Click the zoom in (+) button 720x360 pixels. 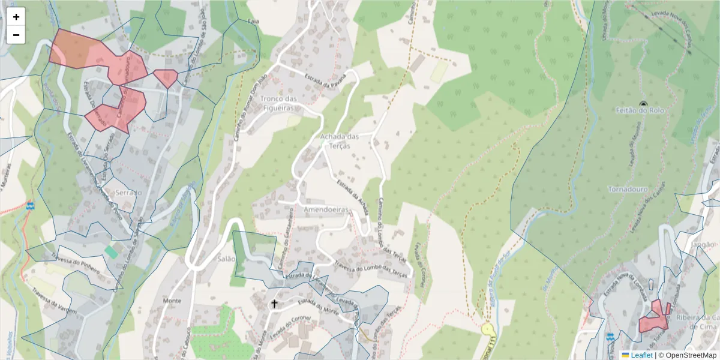(16, 17)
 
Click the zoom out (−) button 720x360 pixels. (16, 35)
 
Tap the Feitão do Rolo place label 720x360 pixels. (640, 111)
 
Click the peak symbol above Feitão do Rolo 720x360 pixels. (644, 104)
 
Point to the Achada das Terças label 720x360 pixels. (339, 141)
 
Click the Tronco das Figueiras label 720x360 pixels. (279, 103)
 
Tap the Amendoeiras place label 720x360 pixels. (326, 209)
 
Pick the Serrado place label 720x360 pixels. (128, 193)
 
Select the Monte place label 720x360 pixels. (172, 300)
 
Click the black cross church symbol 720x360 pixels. (274, 304)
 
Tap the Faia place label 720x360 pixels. (253, 21)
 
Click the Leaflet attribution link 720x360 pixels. (641, 355)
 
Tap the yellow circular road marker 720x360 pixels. (487, 329)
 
